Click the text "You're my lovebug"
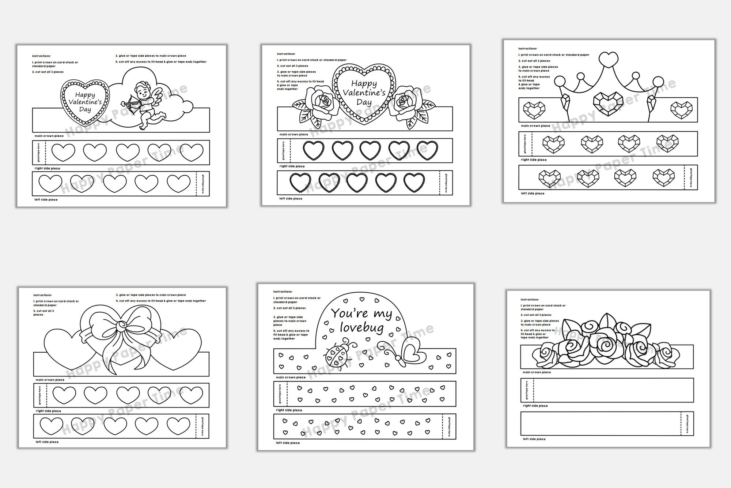361,320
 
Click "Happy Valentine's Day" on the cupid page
85,102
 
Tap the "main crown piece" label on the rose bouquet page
537,372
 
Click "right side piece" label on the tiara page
534,160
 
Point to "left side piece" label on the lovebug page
288,443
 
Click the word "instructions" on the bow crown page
42,295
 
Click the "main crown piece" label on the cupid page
49,136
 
